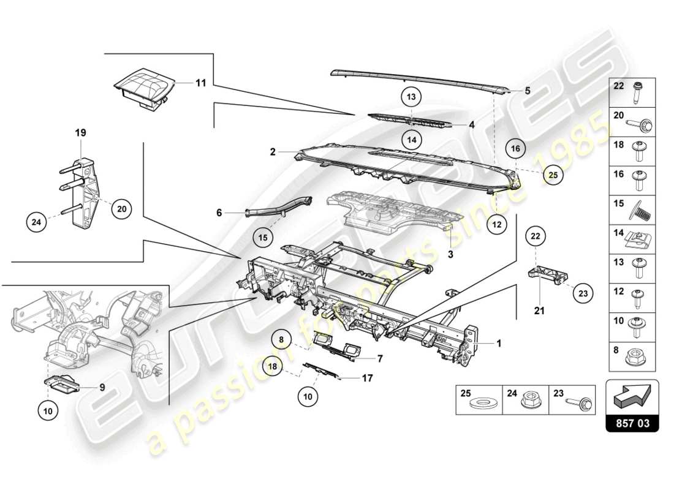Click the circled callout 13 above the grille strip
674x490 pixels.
pyautogui.click(x=411, y=97)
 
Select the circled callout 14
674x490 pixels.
pyautogui.click(x=411, y=140)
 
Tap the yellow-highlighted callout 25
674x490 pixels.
pyautogui.click(x=553, y=175)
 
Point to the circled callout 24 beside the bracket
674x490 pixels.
pyautogui.click(x=37, y=222)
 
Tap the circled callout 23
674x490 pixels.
pyautogui.click(x=583, y=294)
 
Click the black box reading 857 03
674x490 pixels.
pyautogui.click(x=632, y=423)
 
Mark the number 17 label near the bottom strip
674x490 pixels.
pyautogui.click(x=367, y=379)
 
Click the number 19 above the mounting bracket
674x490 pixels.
pyautogui.click(x=81, y=132)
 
